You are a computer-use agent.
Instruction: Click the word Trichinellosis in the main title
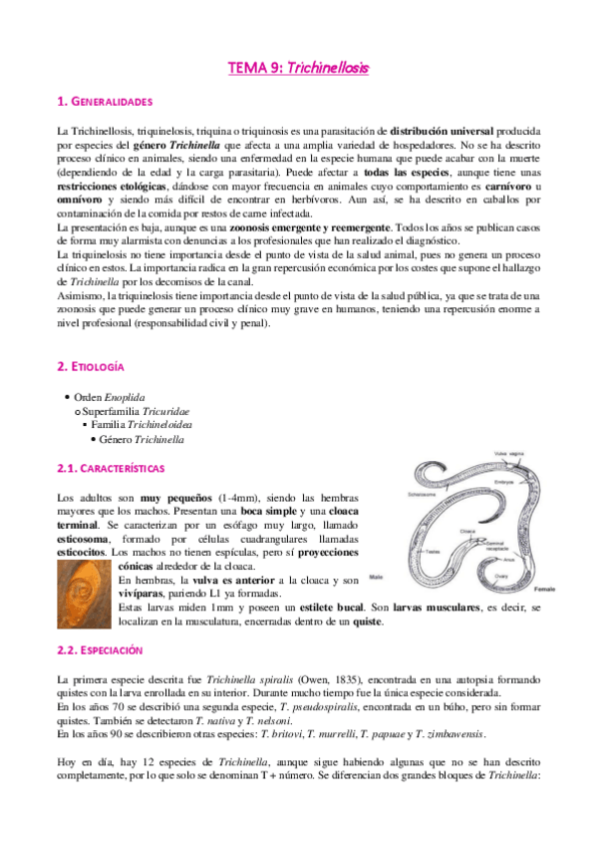pos(327,68)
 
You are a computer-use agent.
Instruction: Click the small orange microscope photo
pos(86,588)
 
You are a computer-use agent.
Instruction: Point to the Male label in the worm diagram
pos(377,577)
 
